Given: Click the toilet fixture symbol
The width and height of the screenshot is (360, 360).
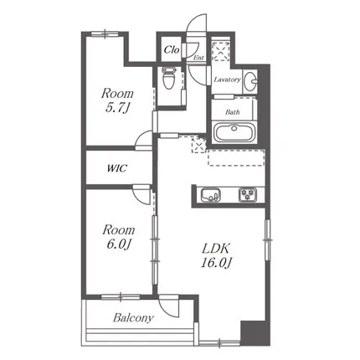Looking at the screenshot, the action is click(168, 78).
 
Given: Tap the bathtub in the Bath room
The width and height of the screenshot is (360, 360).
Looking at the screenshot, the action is click(234, 132).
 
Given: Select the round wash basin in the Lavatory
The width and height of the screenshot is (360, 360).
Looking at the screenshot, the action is click(251, 80).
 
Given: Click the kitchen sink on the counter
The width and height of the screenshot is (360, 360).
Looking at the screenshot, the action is click(210, 194).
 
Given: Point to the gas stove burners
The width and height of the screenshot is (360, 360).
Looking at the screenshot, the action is click(247, 194).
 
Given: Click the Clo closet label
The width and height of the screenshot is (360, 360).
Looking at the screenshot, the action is click(172, 50).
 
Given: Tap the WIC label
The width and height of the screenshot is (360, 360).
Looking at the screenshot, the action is click(117, 168).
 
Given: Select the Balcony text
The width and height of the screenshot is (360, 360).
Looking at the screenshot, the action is click(133, 317).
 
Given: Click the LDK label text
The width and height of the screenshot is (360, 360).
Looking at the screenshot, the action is click(216, 248).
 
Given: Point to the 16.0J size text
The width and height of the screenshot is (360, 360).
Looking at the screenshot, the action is click(216, 263).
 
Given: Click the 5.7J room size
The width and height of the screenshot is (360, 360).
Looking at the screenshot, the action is click(118, 108).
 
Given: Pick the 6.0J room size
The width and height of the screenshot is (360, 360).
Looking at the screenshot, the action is click(118, 244).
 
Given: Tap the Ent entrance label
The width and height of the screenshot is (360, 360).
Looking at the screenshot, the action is click(198, 58).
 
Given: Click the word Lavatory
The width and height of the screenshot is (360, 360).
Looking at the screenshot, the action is click(227, 80).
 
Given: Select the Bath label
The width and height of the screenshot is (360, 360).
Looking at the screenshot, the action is click(233, 112).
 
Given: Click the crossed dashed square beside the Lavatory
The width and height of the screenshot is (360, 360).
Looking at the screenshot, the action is click(220, 51).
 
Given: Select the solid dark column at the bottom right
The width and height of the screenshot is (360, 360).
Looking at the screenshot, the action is click(255, 333).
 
